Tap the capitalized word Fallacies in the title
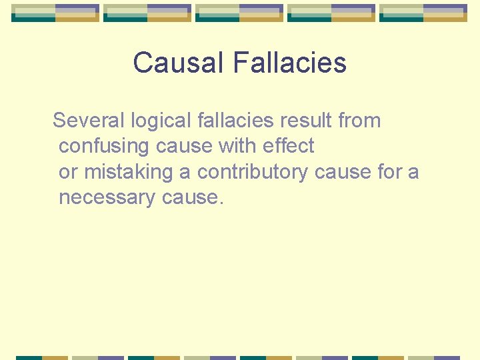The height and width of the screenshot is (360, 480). pyautogui.click(x=290, y=63)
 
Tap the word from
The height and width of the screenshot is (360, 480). pyautogui.click(x=359, y=121)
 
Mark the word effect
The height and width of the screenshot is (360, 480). pyautogui.click(x=288, y=147)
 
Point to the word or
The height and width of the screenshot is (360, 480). pyautogui.click(x=68, y=172)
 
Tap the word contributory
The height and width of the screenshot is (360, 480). pyautogui.click(x=253, y=172)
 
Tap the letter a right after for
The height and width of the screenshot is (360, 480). pyautogui.click(x=413, y=172)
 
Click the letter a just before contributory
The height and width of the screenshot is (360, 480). pyautogui.click(x=185, y=172)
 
